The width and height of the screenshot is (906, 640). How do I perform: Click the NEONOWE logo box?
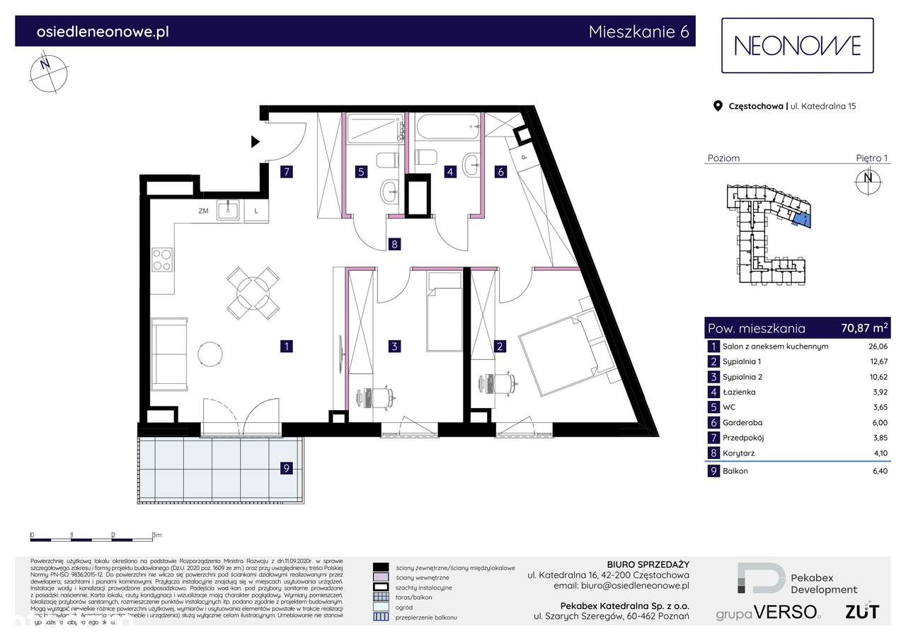click(797, 46)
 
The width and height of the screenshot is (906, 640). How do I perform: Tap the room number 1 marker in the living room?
click(286, 347)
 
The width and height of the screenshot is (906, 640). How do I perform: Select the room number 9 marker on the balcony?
click(286, 467)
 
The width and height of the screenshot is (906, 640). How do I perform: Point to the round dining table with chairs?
click(252, 293)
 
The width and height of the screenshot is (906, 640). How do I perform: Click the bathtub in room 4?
click(447, 129)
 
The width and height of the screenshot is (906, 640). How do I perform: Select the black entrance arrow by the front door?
click(256, 142)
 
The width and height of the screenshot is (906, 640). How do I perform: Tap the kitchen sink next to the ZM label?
click(228, 209)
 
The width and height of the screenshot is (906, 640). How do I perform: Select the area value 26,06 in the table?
click(878, 347)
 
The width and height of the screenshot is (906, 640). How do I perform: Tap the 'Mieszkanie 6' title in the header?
click(637, 32)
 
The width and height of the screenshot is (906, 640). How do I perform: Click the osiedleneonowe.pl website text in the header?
click(103, 32)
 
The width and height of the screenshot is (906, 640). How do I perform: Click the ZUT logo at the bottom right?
click(862, 610)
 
